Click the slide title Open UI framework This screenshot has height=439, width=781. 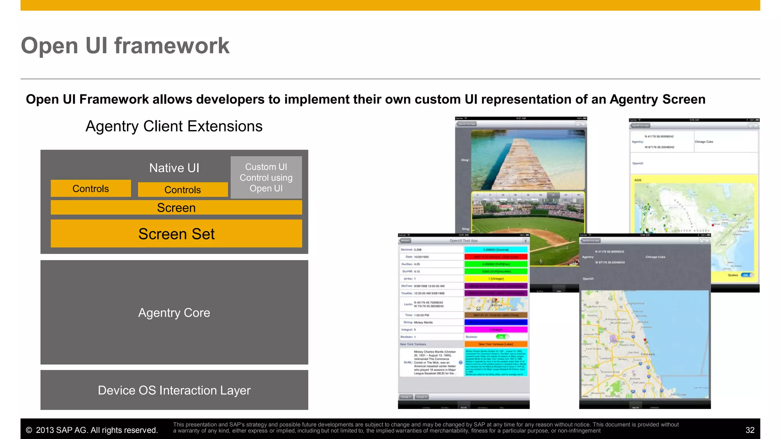(x=125, y=46)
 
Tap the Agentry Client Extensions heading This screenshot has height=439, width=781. (x=174, y=126)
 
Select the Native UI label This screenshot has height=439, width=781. (x=174, y=168)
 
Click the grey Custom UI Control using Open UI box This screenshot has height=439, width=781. (x=266, y=178)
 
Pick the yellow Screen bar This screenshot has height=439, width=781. (x=176, y=208)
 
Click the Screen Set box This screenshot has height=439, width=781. (x=176, y=234)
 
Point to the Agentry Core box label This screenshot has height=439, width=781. (x=174, y=312)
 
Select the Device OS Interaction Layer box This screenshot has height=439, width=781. (x=174, y=390)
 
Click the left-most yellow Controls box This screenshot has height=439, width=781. (x=91, y=189)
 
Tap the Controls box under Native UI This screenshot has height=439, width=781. (x=183, y=190)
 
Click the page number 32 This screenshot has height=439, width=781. (x=750, y=430)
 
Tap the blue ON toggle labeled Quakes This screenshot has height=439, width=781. (x=747, y=275)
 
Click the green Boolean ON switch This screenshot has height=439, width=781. (x=502, y=337)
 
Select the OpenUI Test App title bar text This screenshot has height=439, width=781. (x=463, y=241)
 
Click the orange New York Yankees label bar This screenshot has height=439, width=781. (x=496, y=344)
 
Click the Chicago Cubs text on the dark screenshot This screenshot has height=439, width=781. (x=655, y=257)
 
